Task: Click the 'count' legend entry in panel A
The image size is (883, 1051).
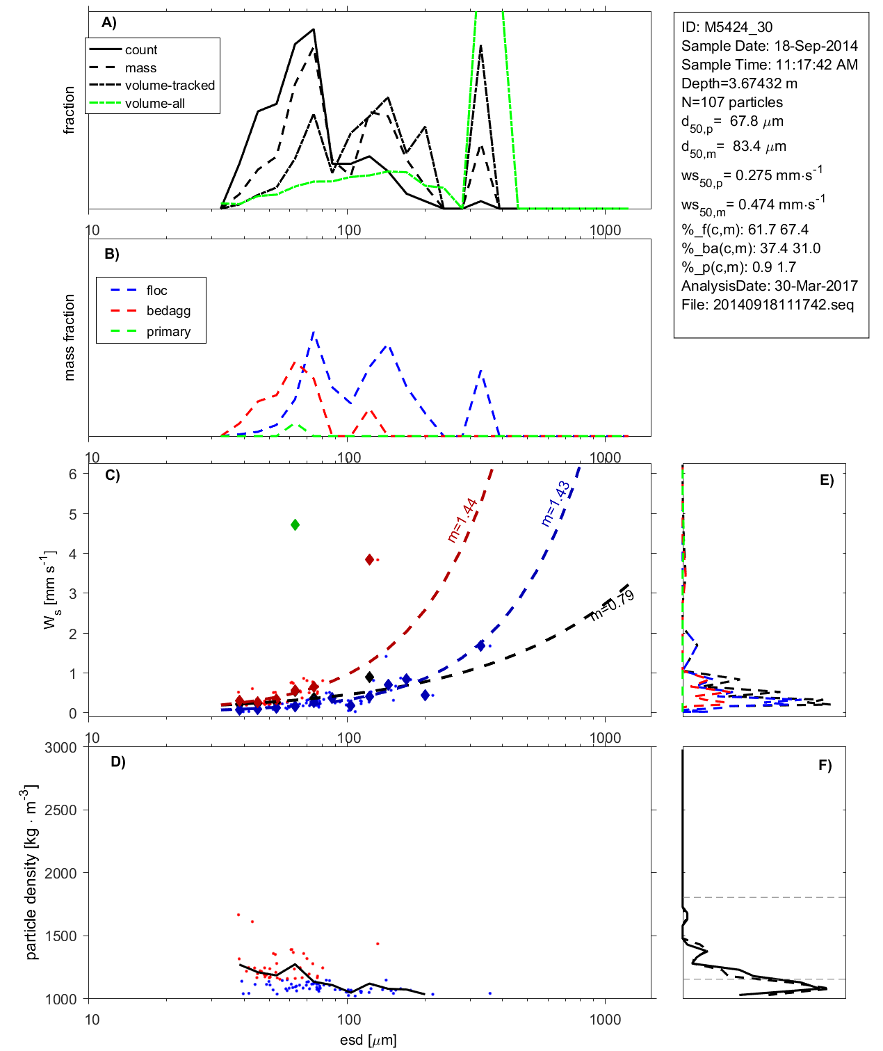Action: coord(141,50)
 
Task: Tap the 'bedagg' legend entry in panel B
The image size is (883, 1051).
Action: coord(168,311)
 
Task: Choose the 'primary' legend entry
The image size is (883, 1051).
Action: coord(168,332)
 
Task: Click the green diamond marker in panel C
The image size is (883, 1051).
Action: coord(295,524)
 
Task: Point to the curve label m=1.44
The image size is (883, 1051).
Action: coord(462,520)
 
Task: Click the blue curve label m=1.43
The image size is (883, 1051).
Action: coord(556,503)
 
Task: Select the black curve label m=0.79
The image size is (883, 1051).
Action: coord(612,604)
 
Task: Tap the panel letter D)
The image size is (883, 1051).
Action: coord(118,762)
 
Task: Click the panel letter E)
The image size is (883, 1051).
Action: coord(826,480)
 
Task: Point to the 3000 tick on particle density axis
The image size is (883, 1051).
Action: coord(60,748)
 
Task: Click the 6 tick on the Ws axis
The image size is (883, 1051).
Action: coord(73,474)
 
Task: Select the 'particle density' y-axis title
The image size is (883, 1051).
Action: coord(32,873)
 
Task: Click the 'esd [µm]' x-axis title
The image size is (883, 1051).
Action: coord(368,1040)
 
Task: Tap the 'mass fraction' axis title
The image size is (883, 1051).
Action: coord(70,337)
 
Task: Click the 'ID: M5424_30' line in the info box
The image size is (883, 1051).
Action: coord(727,27)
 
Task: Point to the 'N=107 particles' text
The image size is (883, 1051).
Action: coord(731,102)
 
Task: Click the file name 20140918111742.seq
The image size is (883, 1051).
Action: coord(784,305)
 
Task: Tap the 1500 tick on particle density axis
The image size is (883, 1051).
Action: coord(60,936)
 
